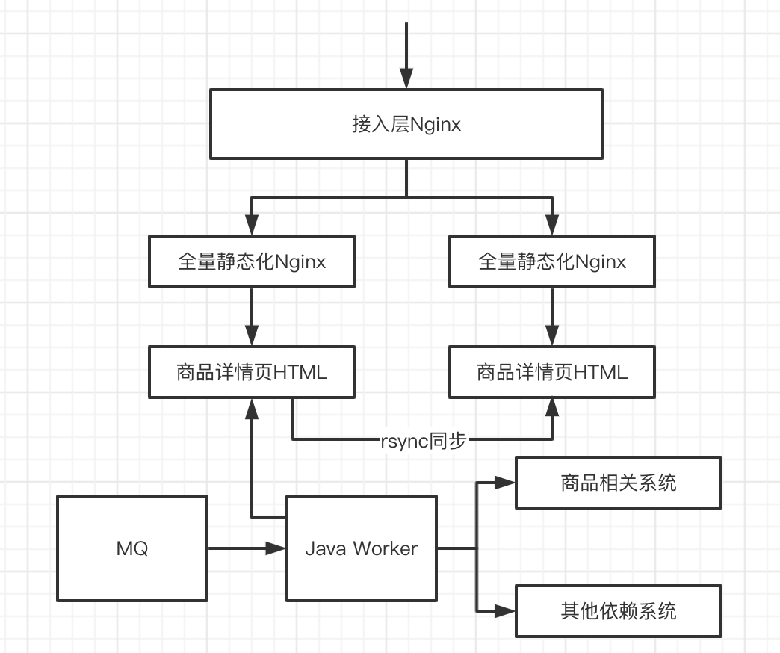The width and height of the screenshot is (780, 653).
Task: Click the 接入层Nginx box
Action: pyautogui.click(x=406, y=124)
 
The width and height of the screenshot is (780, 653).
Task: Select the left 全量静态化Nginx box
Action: pyautogui.click(x=252, y=261)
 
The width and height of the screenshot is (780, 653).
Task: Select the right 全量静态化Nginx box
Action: pyautogui.click(x=551, y=261)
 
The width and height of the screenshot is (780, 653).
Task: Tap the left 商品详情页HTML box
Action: pyautogui.click(x=252, y=372)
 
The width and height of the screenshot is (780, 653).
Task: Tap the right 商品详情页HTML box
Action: pyautogui.click(x=551, y=372)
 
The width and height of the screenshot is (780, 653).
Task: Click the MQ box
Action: pyautogui.click(x=132, y=548)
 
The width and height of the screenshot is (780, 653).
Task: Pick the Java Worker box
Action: pyautogui.click(x=362, y=548)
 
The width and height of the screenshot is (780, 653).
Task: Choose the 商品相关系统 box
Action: pyautogui.click(x=619, y=483)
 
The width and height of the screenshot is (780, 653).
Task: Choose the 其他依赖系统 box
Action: pyautogui.click(x=619, y=611)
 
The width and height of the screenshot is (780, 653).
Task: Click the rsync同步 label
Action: pyautogui.click(x=423, y=441)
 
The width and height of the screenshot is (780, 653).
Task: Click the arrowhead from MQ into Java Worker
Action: pyautogui.click(x=277, y=548)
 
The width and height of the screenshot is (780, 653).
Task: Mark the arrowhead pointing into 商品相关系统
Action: pyautogui.click(x=507, y=483)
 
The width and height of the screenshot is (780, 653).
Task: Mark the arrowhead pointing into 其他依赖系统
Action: pyautogui.click(x=507, y=611)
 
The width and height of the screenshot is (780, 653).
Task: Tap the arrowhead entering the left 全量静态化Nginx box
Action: pyautogui.click(x=252, y=226)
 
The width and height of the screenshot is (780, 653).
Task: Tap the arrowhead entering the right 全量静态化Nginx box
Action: pyautogui.click(x=551, y=226)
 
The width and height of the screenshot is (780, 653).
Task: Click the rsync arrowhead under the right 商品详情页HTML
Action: pyautogui.click(x=551, y=408)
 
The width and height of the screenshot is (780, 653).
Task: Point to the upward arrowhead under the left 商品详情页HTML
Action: pyautogui.click(x=252, y=408)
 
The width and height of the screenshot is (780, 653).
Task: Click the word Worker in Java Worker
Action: pyautogui.click(x=385, y=548)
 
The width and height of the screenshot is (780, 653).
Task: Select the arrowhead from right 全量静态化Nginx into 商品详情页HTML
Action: pyautogui.click(x=551, y=336)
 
